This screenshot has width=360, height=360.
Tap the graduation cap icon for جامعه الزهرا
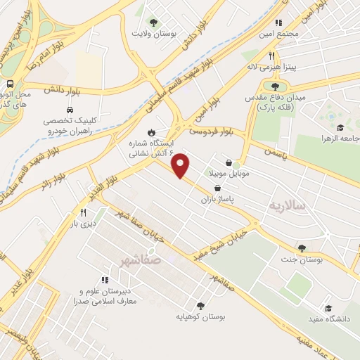[x=340, y=128]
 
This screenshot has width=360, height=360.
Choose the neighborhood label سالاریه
[x=288, y=206]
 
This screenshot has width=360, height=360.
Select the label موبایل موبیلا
[x=229, y=173]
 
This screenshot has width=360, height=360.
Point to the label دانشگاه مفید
[x=328, y=320]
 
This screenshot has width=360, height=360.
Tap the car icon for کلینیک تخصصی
[x=70, y=110]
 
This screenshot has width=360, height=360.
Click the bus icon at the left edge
[x=10, y=83]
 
